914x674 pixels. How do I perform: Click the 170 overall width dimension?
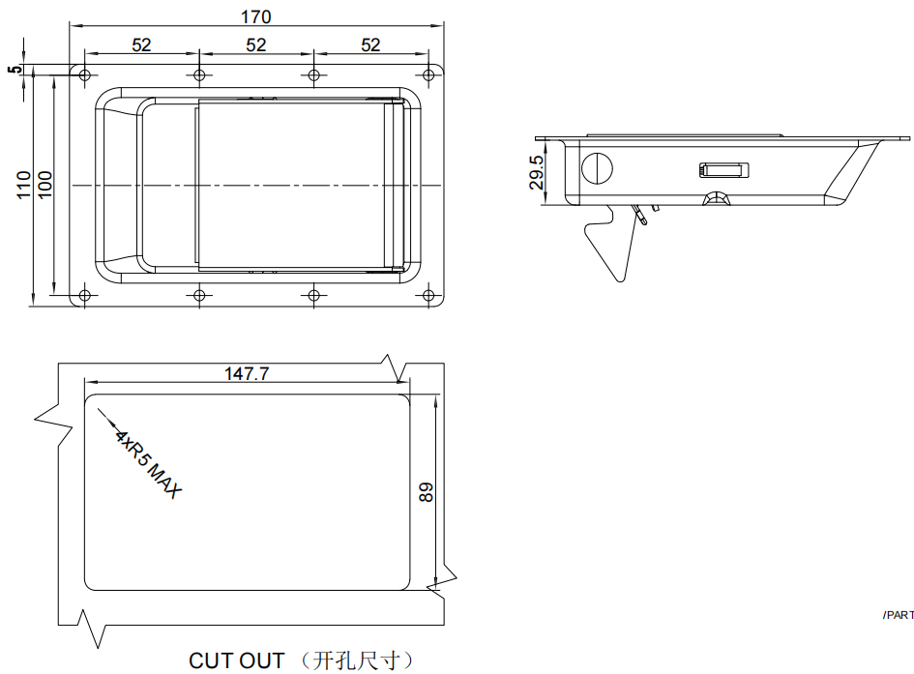[256, 16]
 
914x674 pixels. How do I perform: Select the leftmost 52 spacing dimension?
[141, 44]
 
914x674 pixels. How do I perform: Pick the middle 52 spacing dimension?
[256, 44]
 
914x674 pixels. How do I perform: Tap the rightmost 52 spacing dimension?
[370, 44]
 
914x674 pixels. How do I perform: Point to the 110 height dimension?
[23, 185]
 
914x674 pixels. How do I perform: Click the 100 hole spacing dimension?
[44, 185]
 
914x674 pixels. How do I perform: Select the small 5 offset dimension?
[15, 70]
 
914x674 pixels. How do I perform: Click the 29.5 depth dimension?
[536, 172]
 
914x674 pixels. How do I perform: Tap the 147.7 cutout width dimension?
[248, 373]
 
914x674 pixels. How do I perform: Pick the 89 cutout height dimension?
[427, 492]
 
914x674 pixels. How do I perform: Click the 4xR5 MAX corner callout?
[148, 464]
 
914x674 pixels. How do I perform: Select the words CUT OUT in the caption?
[237, 660]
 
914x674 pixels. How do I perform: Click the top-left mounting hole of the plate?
[84, 74]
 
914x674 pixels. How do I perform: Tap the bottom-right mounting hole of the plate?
[428, 295]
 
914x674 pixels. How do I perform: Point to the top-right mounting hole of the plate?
[428, 74]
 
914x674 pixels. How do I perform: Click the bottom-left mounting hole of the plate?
[84, 295]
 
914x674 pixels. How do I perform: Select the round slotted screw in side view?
[598, 168]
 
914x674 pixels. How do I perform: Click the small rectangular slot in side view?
[722, 170]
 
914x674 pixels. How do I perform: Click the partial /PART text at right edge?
[899, 615]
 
